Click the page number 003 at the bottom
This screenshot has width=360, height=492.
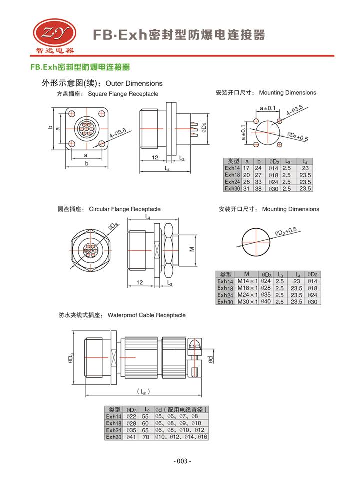pos(182,461)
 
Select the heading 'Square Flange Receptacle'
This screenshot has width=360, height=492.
pos(123,94)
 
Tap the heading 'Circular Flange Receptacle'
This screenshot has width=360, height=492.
pos(125,209)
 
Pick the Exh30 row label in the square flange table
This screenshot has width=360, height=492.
pos(232,189)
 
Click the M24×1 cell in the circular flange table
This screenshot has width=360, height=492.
pos(246,295)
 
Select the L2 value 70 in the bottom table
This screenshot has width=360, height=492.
pos(146,437)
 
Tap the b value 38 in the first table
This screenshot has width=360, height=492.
pos(258,189)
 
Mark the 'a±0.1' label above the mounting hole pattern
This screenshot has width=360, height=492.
pos(268,108)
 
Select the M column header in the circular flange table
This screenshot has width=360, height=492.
pos(246,274)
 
